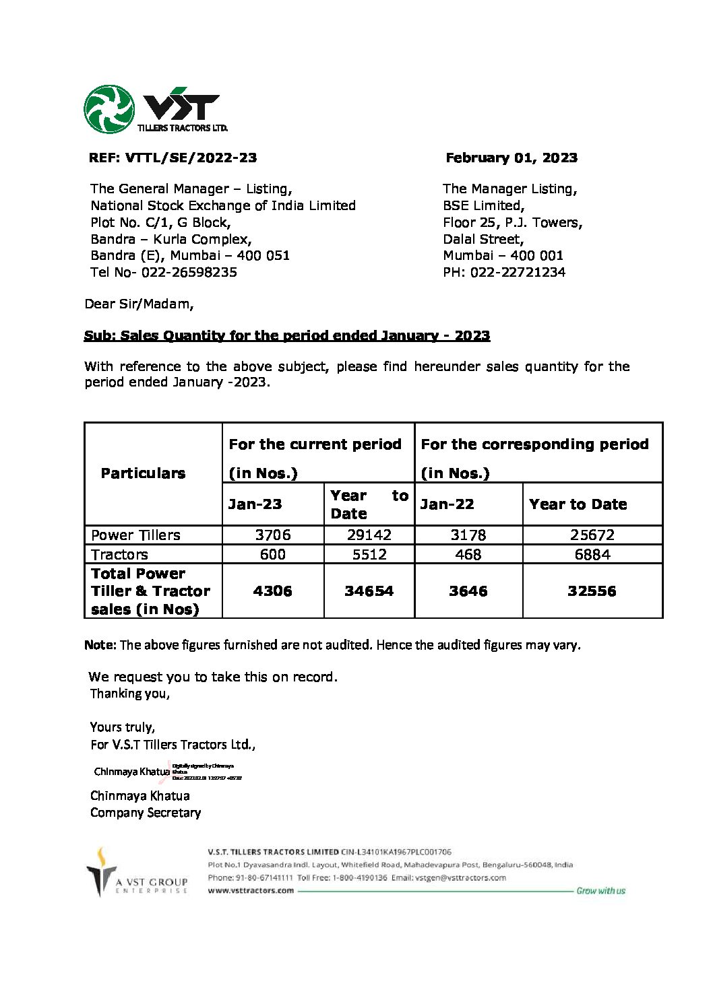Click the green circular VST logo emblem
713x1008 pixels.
pos(108,108)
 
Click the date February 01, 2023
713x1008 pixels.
pos(511,158)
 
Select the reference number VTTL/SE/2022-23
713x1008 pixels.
pos(191,158)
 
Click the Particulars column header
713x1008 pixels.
pos(143,473)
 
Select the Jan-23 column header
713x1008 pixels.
pos(255,504)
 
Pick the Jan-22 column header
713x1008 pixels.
pos(447,504)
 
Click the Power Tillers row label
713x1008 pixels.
pos(135,535)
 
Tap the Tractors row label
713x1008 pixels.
pos(119,554)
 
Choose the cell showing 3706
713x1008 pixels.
pos(273,535)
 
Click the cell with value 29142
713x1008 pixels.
pos(369,535)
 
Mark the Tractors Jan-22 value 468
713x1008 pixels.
pos(468,554)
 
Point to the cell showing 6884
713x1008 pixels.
pos(592,554)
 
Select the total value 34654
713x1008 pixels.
pos(369,591)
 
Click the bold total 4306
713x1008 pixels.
pos(273,591)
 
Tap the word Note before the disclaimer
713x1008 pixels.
pos(100,645)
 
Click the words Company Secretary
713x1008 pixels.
pos(146,813)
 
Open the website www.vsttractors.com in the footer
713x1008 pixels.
pos(251,890)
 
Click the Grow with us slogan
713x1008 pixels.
pos(600,891)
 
